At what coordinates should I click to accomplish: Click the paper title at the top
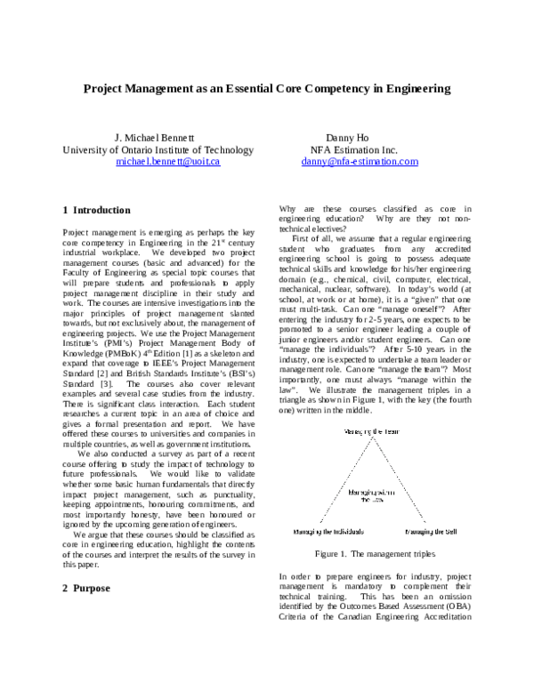pos(267,89)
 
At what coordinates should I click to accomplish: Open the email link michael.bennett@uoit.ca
pos(168,163)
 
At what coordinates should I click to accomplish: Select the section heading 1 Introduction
pos(97,211)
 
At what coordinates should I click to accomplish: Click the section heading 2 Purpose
pos(88,589)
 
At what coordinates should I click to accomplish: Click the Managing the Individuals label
pos(322,532)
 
